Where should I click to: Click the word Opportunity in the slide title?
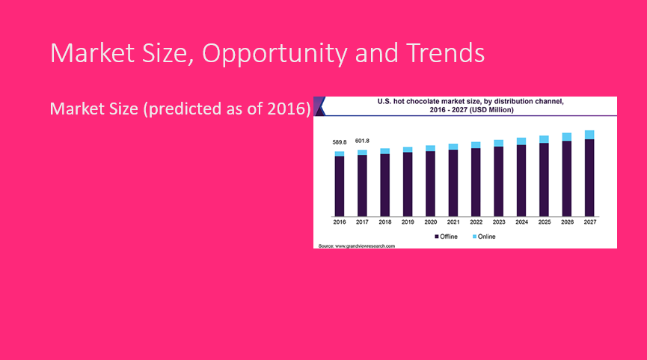(x=274, y=53)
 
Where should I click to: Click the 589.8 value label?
(x=340, y=142)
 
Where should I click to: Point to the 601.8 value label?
(x=362, y=141)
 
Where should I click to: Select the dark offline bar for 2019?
(x=408, y=184)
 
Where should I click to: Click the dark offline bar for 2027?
(x=589, y=177)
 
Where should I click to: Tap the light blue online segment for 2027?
(x=589, y=135)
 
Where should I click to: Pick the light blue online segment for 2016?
(x=340, y=153)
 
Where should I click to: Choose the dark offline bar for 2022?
(x=476, y=182)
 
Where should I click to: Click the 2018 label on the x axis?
(x=385, y=222)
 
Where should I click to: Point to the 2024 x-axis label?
(x=521, y=222)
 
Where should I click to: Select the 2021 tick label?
(x=453, y=222)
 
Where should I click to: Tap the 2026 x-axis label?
(x=567, y=222)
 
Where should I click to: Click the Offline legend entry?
(x=446, y=237)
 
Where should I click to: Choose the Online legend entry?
(x=484, y=237)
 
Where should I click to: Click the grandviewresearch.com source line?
(x=357, y=246)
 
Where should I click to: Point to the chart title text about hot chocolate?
(x=470, y=106)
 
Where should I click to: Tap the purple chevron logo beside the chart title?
(x=319, y=106)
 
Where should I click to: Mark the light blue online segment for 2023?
(x=498, y=143)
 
